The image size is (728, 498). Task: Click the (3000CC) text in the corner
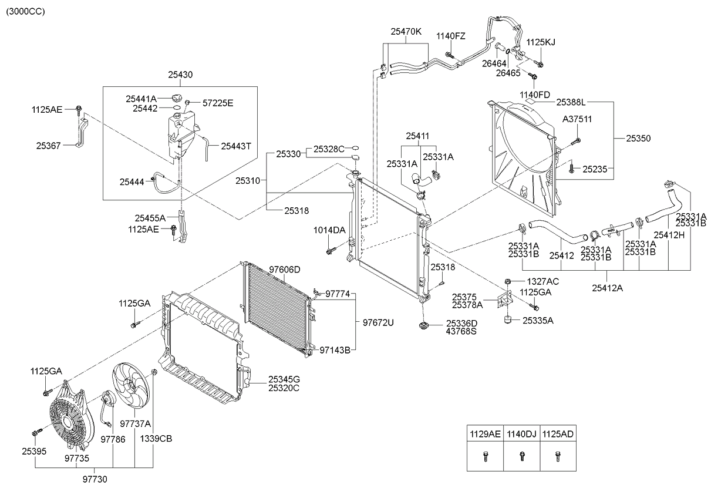coord(25,11)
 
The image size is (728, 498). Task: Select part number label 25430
coord(180,75)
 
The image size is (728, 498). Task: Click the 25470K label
coord(406,32)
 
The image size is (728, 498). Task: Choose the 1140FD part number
coord(535,94)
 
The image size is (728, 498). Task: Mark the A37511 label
coord(577,119)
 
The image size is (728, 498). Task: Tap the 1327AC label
coord(542,281)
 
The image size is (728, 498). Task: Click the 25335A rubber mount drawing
coord(507,321)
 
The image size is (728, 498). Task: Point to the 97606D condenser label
coord(285,270)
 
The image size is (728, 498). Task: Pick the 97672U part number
coord(378,322)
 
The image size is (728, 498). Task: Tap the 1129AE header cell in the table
coord(485,435)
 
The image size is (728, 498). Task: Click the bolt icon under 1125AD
coord(557,457)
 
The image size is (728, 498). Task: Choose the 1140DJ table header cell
coord(521,435)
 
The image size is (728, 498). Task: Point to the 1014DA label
coord(329,230)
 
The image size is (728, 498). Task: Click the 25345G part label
coord(284,379)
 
